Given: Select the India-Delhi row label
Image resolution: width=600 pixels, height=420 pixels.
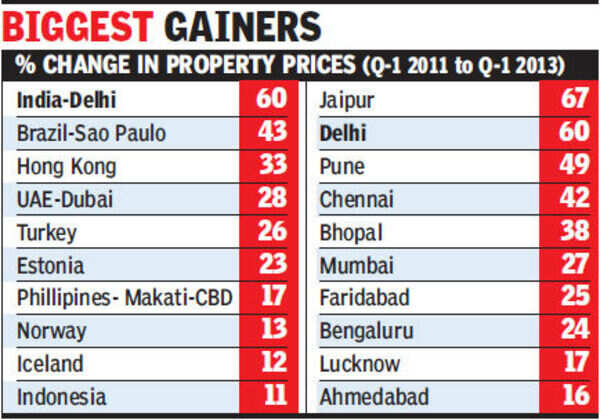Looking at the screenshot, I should click(x=65, y=100).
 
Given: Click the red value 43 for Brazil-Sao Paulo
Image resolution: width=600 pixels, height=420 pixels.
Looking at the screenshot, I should click(x=270, y=133).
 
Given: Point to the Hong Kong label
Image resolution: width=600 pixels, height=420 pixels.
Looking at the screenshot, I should click(x=67, y=166).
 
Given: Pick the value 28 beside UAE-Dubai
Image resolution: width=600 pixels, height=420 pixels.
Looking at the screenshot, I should click(x=270, y=199).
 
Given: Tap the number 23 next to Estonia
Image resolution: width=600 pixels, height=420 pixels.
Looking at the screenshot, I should click(x=270, y=265).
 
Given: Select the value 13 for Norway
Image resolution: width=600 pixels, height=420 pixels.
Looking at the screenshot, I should click(x=270, y=331).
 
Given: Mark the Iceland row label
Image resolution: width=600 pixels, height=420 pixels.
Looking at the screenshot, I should click(x=50, y=364).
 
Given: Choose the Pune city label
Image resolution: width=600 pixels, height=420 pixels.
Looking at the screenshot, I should click(x=342, y=166).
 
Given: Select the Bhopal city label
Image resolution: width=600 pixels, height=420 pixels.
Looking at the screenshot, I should click(x=352, y=232).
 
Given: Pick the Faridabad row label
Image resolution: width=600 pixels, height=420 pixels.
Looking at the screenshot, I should click(x=363, y=298).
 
